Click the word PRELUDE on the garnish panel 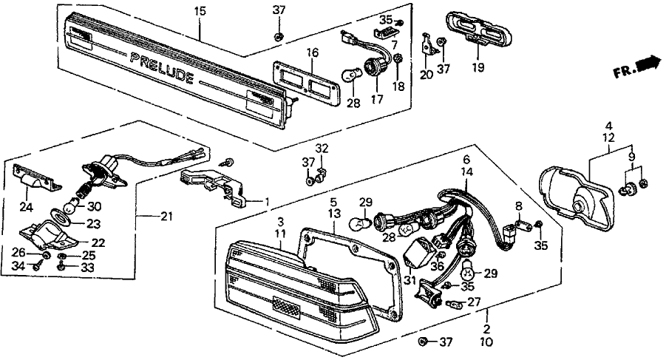[163, 67]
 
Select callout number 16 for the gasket [313, 52]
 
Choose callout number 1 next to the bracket [266, 201]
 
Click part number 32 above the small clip [319, 149]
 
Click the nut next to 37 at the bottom [423, 342]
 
